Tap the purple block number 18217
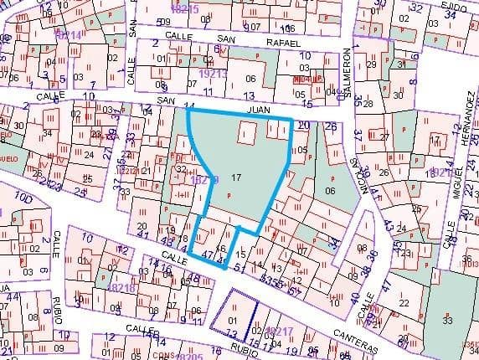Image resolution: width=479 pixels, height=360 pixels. coord(276,332)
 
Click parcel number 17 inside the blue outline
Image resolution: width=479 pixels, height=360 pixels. coord(236,177)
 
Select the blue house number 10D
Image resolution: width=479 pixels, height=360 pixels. coord(23,199)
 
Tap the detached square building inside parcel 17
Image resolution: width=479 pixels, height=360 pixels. coord(247,134)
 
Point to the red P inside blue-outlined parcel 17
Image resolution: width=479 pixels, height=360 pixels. coord(228,195)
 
